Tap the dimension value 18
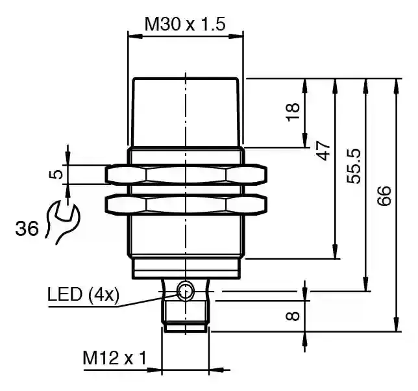pyautogui.click(x=293, y=112)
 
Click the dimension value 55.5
pyautogui.click(x=354, y=166)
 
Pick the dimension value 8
pyautogui.click(x=293, y=316)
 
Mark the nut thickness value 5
pyautogui.click(x=56, y=173)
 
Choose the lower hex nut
pyautogui.click(x=186, y=205)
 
